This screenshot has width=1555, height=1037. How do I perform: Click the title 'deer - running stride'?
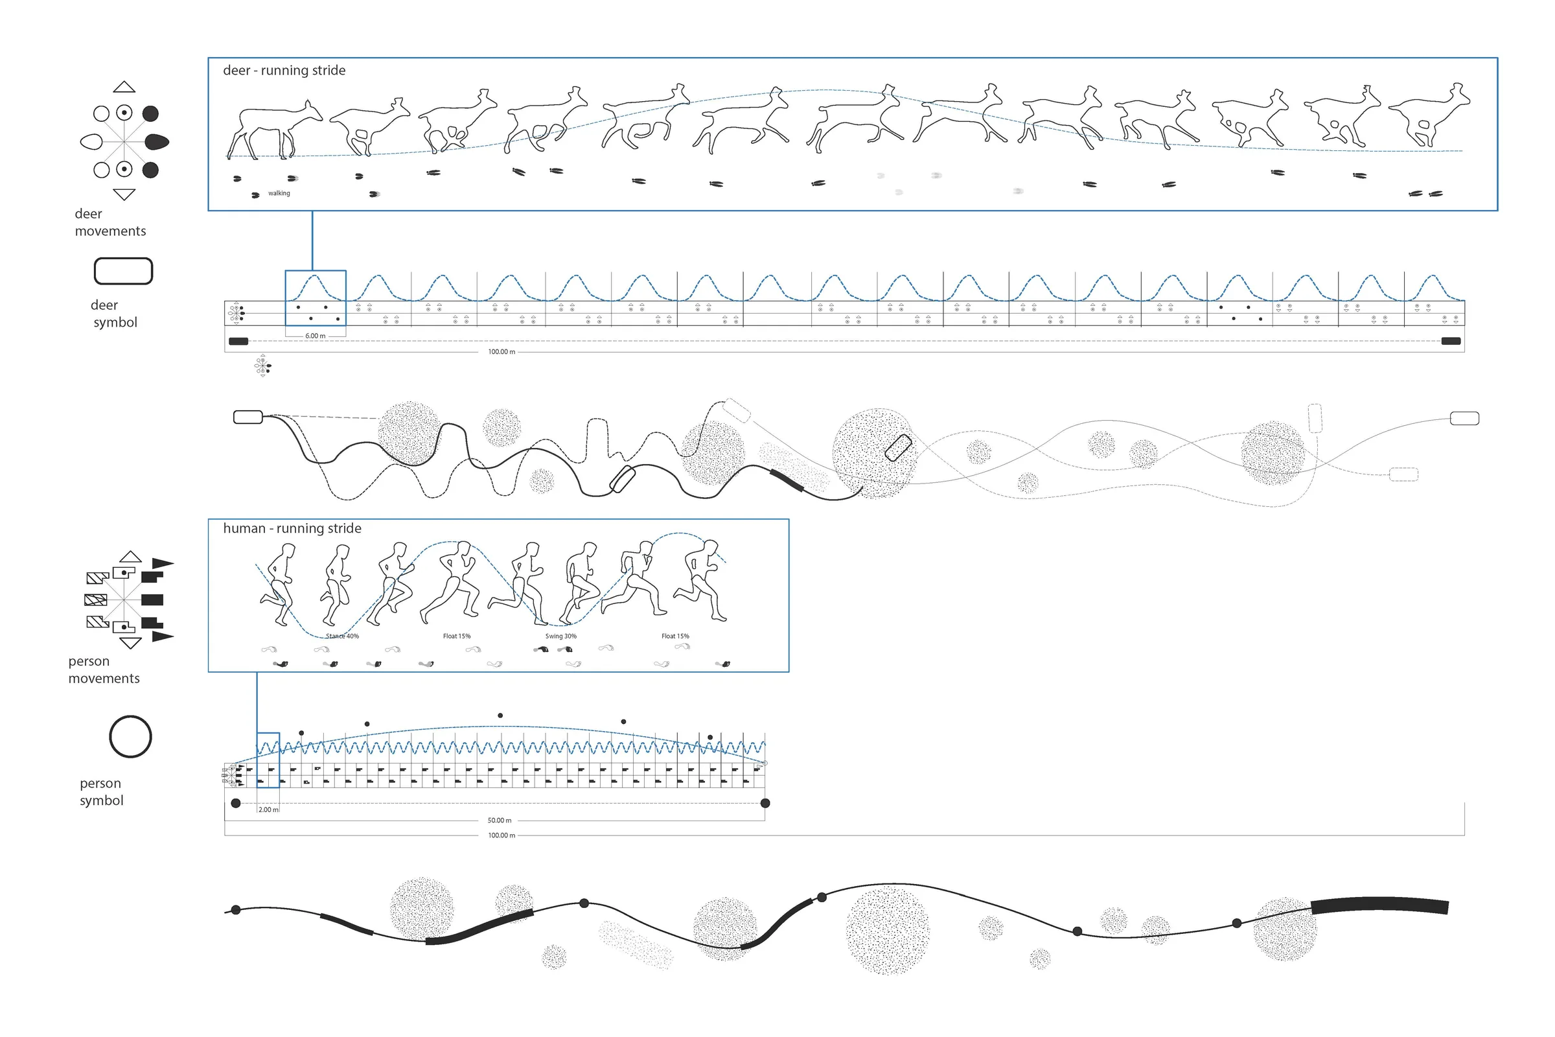(284, 70)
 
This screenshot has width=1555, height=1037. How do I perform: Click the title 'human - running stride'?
(292, 528)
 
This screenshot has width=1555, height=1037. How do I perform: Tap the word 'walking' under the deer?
(279, 193)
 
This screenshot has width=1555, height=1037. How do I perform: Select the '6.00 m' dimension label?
(316, 336)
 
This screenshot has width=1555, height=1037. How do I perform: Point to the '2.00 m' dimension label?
(268, 810)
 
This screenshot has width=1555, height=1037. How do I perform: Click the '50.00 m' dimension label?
(500, 820)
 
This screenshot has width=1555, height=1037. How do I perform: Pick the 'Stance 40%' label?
(343, 636)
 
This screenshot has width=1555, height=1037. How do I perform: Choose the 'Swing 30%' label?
(560, 636)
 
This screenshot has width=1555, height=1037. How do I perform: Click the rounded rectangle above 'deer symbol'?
(124, 271)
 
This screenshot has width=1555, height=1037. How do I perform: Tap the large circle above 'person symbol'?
(130, 736)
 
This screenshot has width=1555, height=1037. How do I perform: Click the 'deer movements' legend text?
(110, 222)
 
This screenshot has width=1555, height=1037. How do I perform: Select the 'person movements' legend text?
(104, 670)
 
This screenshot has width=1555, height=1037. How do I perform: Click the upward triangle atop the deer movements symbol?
(124, 87)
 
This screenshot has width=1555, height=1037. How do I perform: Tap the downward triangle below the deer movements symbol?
(124, 194)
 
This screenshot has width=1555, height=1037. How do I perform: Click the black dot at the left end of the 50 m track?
(236, 803)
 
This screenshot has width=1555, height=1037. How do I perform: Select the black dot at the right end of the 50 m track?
(766, 803)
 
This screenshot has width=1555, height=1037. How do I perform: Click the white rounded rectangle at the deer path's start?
(248, 417)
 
